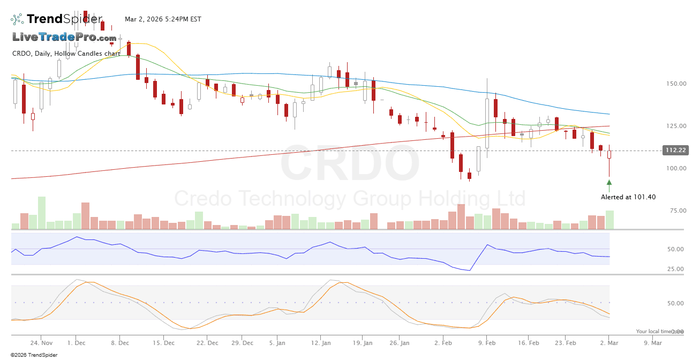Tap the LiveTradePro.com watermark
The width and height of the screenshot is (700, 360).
point(64,37)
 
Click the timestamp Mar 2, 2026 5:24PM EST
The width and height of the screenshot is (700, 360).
point(163,19)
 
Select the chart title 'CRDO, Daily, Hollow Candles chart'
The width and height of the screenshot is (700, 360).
point(66,54)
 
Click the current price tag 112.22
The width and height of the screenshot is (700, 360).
point(675,151)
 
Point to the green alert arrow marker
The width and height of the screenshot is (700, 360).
point(609,183)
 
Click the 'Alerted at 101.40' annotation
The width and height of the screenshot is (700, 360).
point(628,197)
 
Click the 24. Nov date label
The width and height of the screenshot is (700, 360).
point(41,343)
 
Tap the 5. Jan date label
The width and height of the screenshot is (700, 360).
point(277,343)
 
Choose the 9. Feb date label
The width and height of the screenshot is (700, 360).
point(486,343)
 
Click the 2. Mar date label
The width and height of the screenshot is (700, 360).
point(609,343)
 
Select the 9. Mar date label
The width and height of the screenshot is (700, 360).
point(652,343)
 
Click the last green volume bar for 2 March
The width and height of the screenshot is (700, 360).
point(609,220)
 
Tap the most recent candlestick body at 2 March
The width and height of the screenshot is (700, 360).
point(609,154)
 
